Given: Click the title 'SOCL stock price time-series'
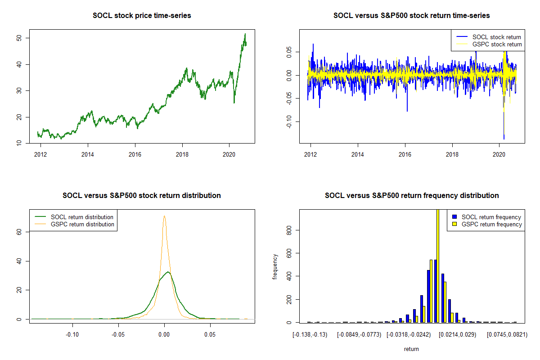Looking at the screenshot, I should (x=142, y=16).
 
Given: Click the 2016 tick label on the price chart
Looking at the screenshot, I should (x=135, y=154).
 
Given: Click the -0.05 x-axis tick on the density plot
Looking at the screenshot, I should (x=118, y=335).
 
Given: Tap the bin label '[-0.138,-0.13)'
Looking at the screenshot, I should (x=310, y=335).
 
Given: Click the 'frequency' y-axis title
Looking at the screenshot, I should (x=275, y=266).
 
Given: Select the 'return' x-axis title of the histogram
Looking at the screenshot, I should (x=411, y=349).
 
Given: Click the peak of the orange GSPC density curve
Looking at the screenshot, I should (x=164, y=216).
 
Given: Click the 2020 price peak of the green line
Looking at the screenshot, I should (x=245, y=34).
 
